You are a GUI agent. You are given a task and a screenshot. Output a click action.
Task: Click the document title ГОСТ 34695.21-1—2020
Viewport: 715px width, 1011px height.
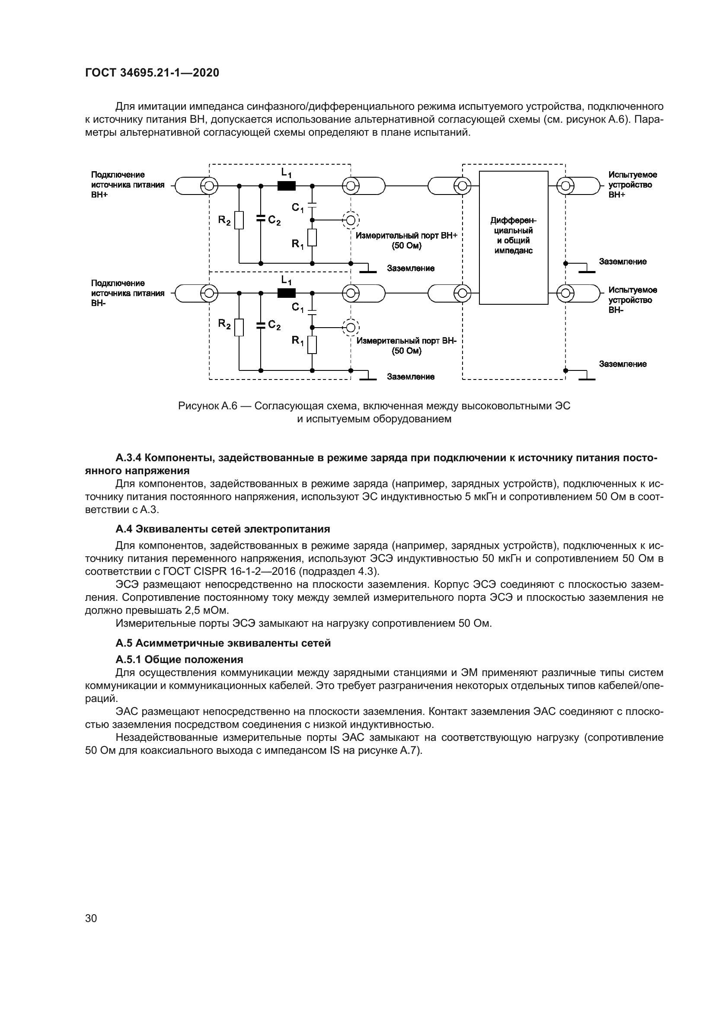(152, 73)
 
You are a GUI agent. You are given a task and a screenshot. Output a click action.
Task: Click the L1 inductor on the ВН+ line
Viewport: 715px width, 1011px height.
(287, 186)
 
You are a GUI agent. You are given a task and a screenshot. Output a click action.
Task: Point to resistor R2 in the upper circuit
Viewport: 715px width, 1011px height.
(239, 220)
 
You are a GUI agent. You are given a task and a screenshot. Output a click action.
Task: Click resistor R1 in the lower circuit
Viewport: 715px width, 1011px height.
(312, 345)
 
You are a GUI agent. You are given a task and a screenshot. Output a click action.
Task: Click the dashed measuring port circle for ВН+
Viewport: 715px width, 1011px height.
(351, 219)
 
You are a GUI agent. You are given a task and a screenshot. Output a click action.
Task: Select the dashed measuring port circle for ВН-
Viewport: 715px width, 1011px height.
(351, 327)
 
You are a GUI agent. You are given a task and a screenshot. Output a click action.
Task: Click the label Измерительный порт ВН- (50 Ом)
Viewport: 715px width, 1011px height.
(406, 346)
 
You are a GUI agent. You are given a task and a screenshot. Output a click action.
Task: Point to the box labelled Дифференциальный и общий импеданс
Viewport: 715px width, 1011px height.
(514, 237)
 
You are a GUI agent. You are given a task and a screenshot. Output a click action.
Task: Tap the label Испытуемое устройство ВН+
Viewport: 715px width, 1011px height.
(632, 185)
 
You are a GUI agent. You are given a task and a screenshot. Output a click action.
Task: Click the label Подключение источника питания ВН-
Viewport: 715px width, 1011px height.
(127, 293)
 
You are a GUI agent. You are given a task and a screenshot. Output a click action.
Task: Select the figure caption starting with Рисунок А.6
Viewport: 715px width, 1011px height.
(374, 412)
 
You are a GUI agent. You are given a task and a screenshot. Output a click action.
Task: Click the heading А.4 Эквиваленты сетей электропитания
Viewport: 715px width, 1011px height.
(223, 529)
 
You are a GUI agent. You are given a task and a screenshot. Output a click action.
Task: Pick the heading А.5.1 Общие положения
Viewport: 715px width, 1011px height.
(179, 660)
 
